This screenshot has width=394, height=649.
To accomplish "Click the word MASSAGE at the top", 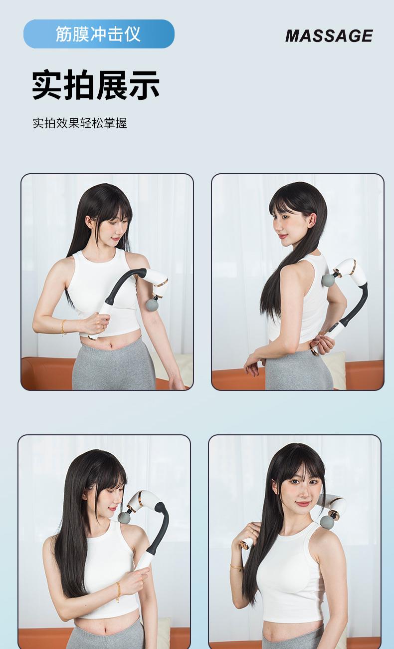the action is coord(329,35).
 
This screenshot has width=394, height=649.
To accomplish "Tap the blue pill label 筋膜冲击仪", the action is coord(99,34).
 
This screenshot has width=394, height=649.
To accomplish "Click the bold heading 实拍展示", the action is coord(96,85).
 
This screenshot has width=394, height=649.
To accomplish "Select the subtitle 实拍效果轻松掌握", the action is coord(80,123).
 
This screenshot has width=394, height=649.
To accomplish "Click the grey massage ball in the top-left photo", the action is coord(153,305).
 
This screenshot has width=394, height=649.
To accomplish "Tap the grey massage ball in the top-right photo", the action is coord(328,280).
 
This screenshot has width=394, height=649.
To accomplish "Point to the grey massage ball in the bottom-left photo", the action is coord(125,518).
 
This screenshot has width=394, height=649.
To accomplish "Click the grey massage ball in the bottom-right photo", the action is coord(327,522).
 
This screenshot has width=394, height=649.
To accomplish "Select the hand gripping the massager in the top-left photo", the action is coord(96,324).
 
